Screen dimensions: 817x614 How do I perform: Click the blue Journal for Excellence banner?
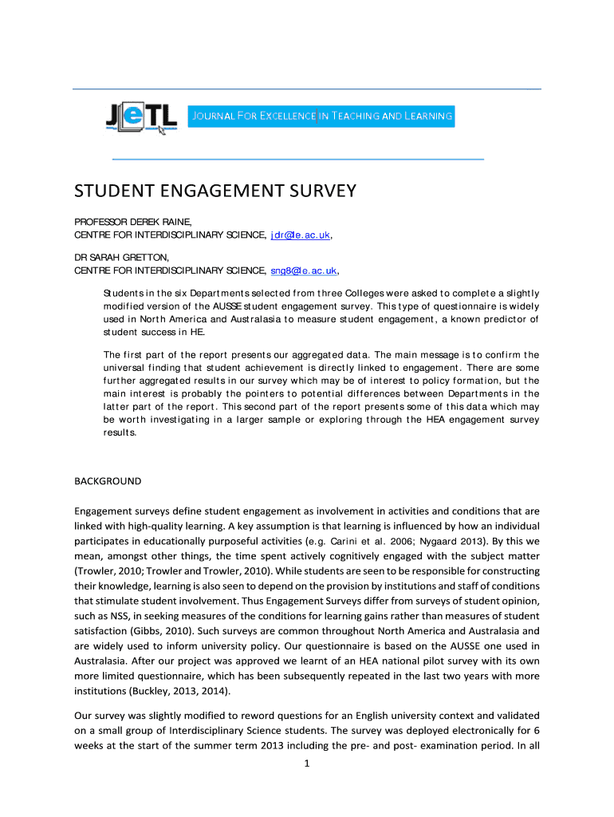pyautogui.click(x=321, y=116)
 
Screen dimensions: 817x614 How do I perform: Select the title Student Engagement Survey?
pyautogui.click(x=215, y=191)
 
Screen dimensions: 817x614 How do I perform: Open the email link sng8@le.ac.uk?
pyautogui.click(x=304, y=270)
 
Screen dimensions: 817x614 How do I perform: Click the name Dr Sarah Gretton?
pyautogui.click(x=121, y=257)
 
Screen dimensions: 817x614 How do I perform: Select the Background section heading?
pyautogui.click(x=108, y=481)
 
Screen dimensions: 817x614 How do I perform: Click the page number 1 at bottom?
pyautogui.click(x=306, y=763)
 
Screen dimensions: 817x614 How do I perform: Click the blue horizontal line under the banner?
pyautogui.click(x=297, y=160)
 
